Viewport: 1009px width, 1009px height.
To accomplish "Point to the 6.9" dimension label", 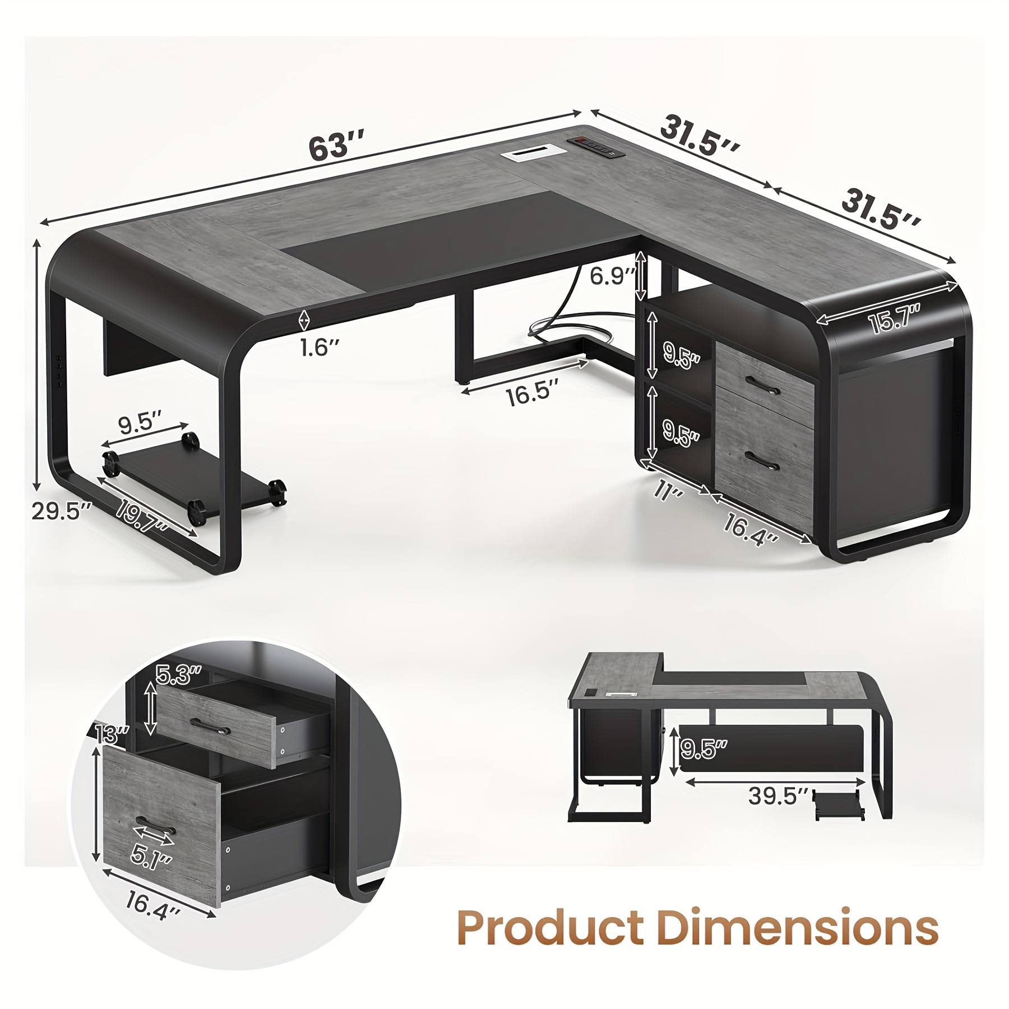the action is pyautogui.click(x=613, y=276).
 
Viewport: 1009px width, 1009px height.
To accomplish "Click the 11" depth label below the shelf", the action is pyautogui.click(x=668, y=490).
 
